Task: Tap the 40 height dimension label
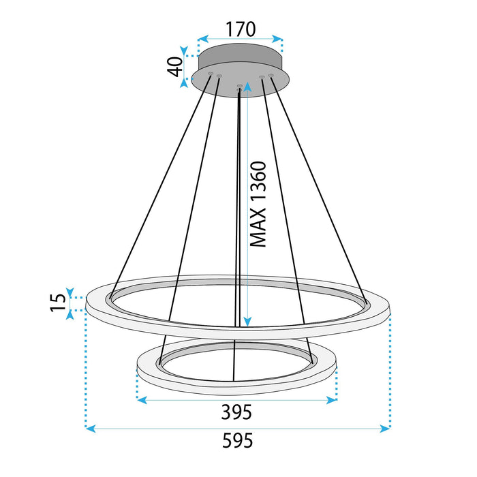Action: (176, 67)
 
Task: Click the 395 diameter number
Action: (236, 412)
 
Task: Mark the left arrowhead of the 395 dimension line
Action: (142, 400)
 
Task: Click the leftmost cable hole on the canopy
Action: (211, 73)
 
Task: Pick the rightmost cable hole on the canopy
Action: (271, 75)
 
